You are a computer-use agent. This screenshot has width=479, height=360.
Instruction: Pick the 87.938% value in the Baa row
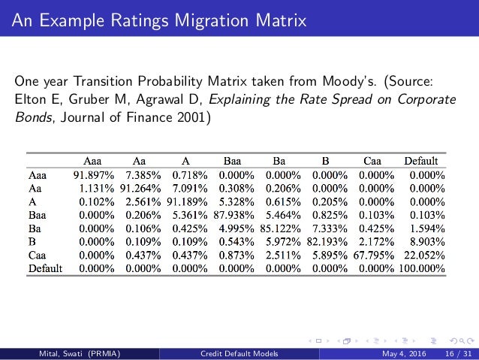[x=237, y=214]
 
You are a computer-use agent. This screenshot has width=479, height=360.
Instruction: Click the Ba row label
[x=35, y=228]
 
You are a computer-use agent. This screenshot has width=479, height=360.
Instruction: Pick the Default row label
[x=44, y=267]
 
